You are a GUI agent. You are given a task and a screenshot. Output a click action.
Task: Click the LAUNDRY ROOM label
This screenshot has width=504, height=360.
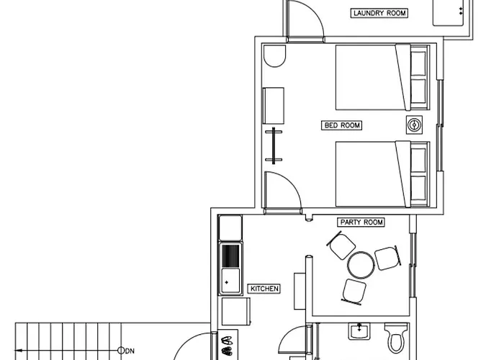pyautogui.click(x=379, y=13)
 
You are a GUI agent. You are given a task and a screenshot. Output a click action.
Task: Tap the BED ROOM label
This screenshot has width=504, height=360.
pyautogui.click(x=342, y=125)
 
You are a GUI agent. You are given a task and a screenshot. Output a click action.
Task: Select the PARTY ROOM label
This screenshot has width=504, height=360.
pyautogui.click(x=361, y=222)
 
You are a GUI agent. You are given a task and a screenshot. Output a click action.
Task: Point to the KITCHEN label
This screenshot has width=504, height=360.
pyautogui.click(x=264, y=289)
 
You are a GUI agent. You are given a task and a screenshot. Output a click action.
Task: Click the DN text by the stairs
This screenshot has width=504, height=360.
pyautogui.click(x=130, y=351)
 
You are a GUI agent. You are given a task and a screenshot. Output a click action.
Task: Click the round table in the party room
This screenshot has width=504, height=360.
pyautogui.click(x=361, y=265)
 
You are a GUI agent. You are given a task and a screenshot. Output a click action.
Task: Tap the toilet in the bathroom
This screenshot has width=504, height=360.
pyautogui.click(x=397, y=338)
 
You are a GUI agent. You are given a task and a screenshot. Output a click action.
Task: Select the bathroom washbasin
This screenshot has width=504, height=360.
pyautogui.click(x=359, y=331)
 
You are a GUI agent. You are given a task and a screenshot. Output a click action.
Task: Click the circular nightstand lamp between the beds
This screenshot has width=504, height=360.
pyautogui.click(x=414, y=125)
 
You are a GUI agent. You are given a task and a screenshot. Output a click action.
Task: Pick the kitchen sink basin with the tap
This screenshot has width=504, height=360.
pyautogui.click(x=230, y=282)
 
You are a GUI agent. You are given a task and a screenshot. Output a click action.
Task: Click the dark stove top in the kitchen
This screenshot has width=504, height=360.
pyautogui.click(x=230, y=256)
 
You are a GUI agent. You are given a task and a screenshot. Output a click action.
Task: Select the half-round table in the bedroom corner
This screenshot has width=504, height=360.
pyautogui.click(x=274, y=56)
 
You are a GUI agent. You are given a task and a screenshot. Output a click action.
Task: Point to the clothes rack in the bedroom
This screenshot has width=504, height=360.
pyautogui.click(x=274, y=145)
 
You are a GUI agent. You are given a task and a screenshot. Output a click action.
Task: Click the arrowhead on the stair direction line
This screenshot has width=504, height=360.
pyautogui.click(x=19, y=351)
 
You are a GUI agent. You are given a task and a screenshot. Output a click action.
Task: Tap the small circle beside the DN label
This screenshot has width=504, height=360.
pyautogui.click(x=121, y=351)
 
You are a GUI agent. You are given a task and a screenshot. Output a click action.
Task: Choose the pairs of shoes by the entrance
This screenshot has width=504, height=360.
pyautogui.click(x=227, y=346)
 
